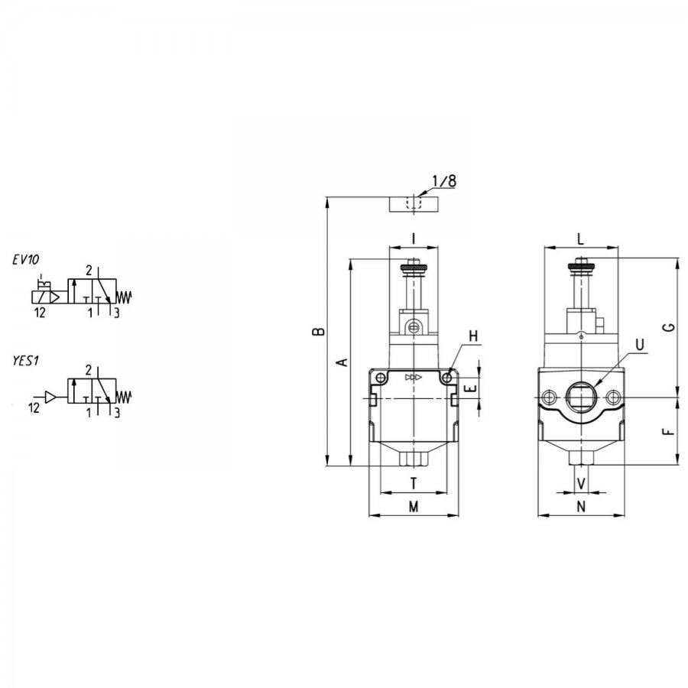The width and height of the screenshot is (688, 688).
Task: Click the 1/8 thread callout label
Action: pos(444,180)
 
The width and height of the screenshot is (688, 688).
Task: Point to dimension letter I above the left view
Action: pos(414,239)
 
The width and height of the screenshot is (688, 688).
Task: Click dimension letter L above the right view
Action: pos(580,239)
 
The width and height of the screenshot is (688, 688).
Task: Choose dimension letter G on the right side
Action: pos(669,327)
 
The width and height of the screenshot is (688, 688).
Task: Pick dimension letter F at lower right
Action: pos(669,432)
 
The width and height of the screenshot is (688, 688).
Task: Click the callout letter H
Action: pos(473,336)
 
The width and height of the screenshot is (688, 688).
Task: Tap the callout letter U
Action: pos(640,345)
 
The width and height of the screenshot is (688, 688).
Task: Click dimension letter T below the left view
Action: pos(414,484)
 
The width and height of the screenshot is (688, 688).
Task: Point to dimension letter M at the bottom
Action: pos(414,507)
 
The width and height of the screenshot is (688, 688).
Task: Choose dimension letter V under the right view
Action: pos(581,484)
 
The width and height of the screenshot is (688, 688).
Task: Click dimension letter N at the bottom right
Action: pos(581,507)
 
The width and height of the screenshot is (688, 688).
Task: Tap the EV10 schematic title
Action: pos(25,260)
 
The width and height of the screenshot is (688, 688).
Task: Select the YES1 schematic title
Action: pos(26,361)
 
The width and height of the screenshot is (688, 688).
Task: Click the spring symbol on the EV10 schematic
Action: pos(124,297)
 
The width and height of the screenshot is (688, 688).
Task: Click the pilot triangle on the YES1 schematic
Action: pos(51,397)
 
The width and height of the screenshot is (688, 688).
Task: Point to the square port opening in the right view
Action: pos(580,397)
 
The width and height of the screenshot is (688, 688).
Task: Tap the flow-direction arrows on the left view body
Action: pos(414,378)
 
